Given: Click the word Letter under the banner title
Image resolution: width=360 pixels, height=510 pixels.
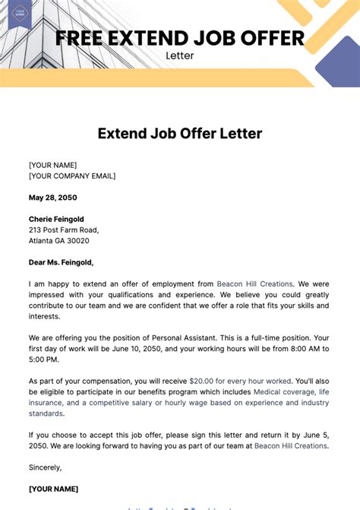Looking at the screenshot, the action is click(180, 55).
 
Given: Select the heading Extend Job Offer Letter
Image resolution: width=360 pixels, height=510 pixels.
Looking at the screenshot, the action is click(180, 134).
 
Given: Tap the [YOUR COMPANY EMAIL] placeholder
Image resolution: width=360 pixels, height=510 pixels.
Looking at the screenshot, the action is click(72, 176).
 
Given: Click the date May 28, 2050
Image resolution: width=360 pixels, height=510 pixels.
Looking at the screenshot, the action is click(52, 198).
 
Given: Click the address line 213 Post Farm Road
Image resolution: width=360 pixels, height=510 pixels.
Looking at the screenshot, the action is click(64, 230).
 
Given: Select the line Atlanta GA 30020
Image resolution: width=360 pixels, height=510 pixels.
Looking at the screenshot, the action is click(59, 241).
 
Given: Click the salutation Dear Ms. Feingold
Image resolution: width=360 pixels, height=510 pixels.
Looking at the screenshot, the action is click(62, 262).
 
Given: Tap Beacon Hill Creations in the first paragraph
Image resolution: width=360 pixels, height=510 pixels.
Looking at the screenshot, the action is click(254, 284).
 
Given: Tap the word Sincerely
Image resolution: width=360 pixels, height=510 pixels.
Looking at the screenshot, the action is click(45, 467).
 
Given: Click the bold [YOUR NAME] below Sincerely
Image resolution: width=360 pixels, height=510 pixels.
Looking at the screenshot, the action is click(53, 489).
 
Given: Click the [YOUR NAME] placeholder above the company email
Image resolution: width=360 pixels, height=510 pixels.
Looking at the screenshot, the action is click(52, 165).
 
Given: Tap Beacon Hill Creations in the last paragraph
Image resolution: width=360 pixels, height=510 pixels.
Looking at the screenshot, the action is click(290, 445).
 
